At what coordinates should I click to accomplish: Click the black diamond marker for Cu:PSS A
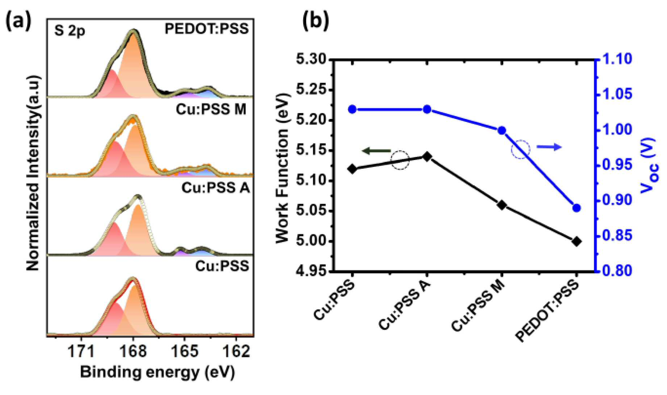pos(427,157)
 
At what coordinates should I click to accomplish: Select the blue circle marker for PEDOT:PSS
pos(577,208)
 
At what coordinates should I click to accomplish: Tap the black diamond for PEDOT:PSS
pos(577,241)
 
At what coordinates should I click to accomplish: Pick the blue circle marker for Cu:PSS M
pos(502,131)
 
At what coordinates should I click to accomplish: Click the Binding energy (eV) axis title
pos(157,373)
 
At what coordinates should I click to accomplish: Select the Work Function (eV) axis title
pos(283,168)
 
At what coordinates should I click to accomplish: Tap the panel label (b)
pos(316,21)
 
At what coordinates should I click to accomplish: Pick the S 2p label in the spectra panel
pos(70,31)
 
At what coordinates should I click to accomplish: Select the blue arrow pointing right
pos(549,147)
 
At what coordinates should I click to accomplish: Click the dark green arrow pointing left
pos(377,151)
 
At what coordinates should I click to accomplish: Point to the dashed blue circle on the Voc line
pos(521,149)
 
